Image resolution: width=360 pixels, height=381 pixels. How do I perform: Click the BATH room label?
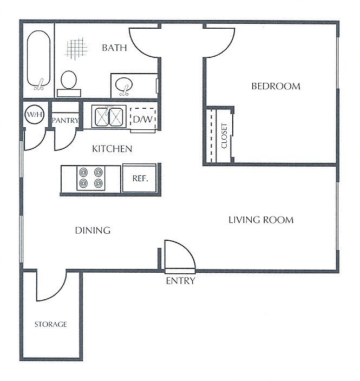tap(114, 48)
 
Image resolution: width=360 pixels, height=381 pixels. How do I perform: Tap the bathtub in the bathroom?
tap(38, 60)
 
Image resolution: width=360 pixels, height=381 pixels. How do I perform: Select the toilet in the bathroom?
tap(69, 83)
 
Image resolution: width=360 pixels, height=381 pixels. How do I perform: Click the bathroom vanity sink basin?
tap(124, 84)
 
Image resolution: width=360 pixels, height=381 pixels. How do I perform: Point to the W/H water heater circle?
tap(35, 114)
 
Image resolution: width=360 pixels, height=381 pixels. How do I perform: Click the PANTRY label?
tap(66, 120)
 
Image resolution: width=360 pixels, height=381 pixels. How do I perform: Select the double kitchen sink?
tap(109, 116)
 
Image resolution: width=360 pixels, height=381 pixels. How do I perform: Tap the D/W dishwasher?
tap(143, 119)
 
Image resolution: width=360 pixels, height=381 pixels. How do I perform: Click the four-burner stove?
tap(91, 178)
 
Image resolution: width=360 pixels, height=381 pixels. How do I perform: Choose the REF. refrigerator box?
tap(139, 178)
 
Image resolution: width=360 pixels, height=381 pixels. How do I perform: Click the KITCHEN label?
tap(112, 149)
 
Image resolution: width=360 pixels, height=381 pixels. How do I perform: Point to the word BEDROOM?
tap(276, 86)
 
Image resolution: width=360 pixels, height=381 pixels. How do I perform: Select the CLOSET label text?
tap(224, 136)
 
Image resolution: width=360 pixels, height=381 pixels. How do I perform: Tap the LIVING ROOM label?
tap(261, 220)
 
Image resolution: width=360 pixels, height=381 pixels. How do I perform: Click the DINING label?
tap(93, 231)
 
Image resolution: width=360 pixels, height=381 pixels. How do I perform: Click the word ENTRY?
tap(181, 281)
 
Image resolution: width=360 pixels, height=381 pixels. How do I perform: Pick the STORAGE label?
tap(50, 324)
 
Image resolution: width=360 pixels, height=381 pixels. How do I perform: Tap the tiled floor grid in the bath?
tap(76, 49)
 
